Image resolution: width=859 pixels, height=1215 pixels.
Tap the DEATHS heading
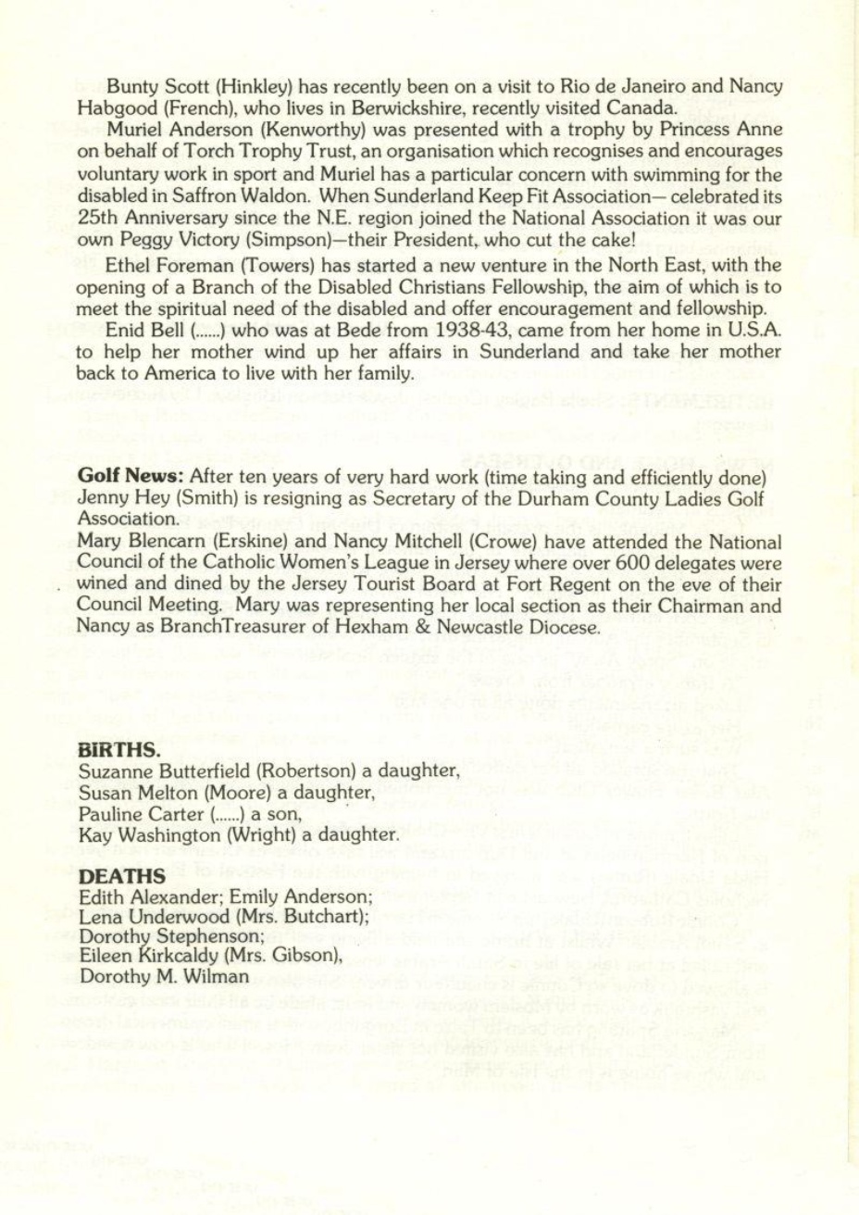point(122,876)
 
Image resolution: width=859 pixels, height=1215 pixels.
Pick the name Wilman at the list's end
point(219,976)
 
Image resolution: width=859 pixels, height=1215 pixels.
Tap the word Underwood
point(163,916)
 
